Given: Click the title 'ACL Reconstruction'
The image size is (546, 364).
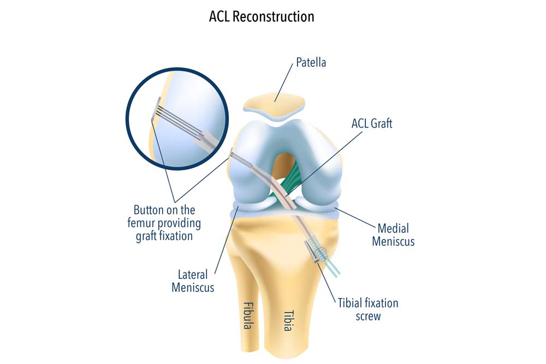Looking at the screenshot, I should tap(262, 16).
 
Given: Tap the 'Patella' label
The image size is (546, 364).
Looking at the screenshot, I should tap(311, 62).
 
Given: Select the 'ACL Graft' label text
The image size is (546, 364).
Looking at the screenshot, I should tap(371, 124).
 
